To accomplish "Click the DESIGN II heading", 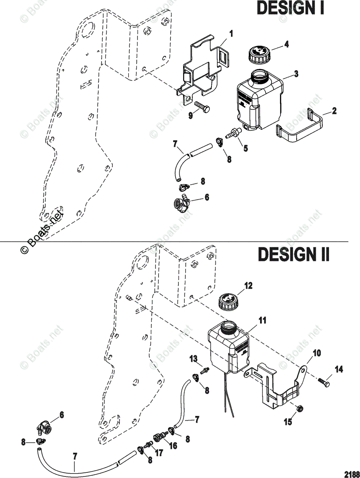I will click(294, 254).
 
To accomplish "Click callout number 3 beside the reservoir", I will click(296, 74).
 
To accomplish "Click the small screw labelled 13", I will click(205, 370).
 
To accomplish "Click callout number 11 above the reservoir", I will click(263, 320).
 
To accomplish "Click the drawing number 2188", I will click(351, 474).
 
